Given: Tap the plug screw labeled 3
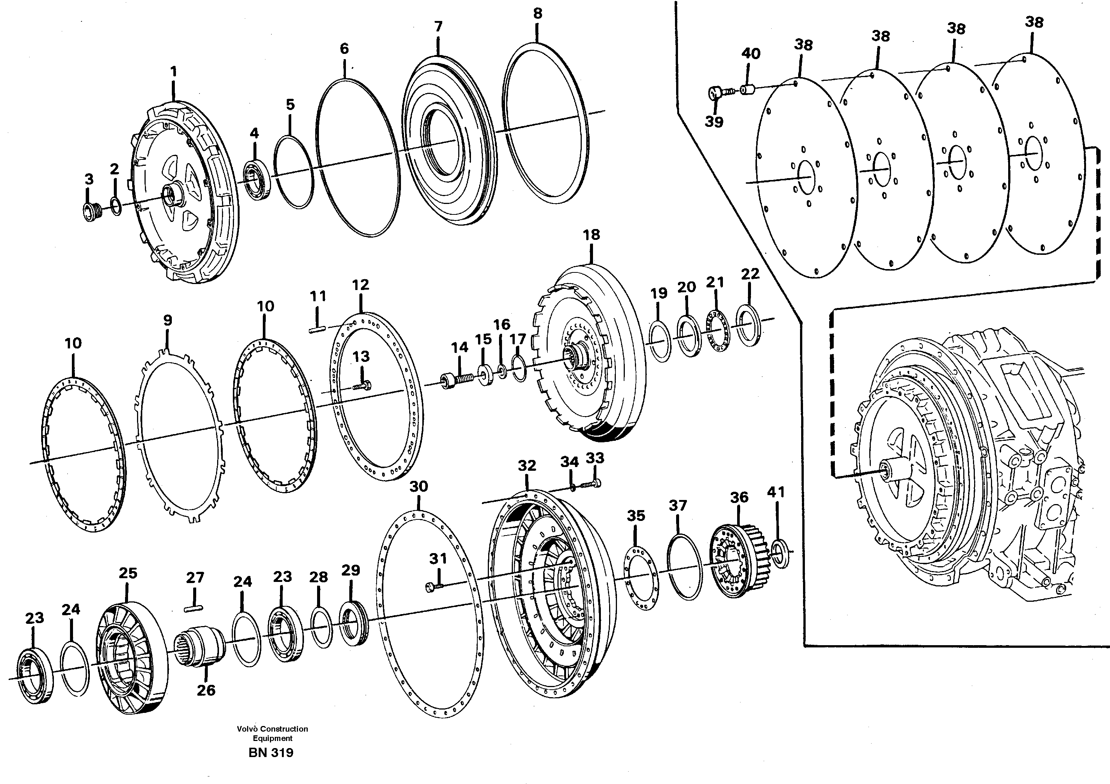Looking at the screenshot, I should click(90, 213).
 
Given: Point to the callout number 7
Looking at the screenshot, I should click(438, 27).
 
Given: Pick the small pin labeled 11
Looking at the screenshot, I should click(317, 330).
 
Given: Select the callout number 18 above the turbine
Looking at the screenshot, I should click(591, 235).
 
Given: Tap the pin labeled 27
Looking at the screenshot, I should click(194, 608).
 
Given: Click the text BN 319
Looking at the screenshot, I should click(271, 753).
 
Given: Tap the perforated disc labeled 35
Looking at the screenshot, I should click(641, 578).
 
